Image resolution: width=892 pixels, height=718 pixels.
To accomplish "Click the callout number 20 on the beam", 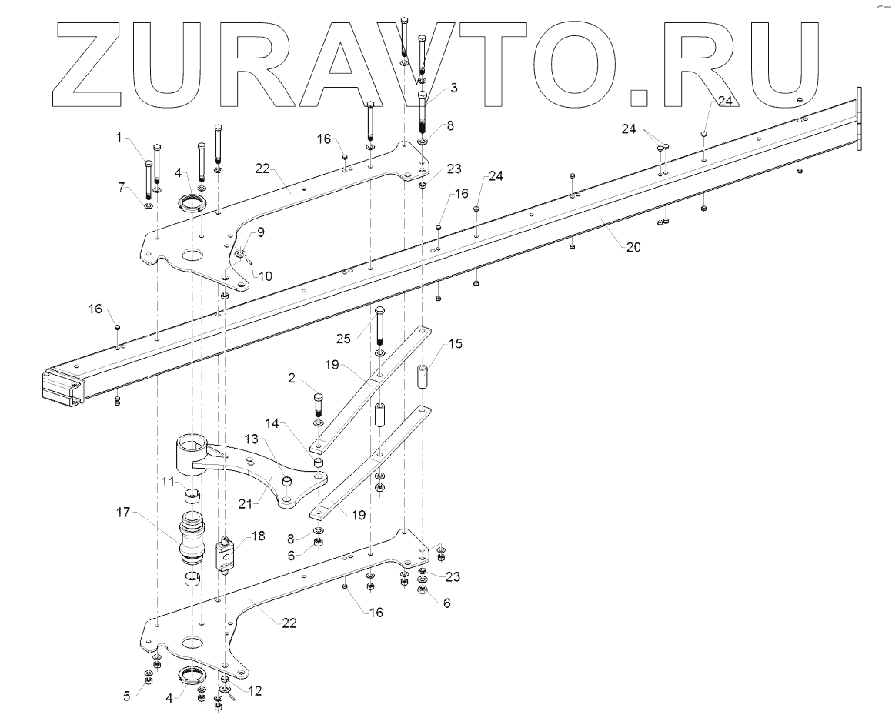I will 633,248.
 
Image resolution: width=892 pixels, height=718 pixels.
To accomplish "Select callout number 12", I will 255,691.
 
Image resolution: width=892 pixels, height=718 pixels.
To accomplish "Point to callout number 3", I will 453,88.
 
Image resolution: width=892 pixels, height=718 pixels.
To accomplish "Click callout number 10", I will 265,275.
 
